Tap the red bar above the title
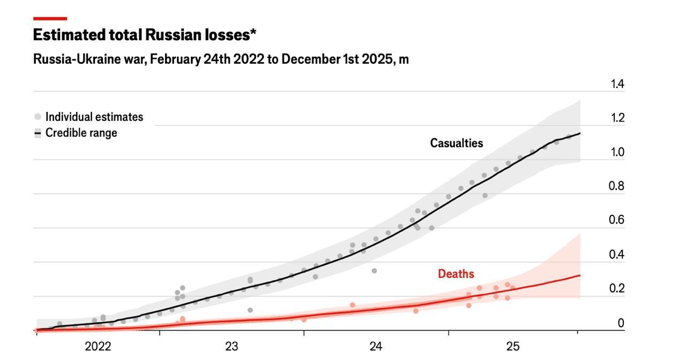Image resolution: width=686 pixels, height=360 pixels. click(50, 19)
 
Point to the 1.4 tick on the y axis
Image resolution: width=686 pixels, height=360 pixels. click(617, 84)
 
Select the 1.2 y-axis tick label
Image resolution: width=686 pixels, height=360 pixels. click(617, 118)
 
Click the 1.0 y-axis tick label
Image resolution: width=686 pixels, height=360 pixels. click(617, 152)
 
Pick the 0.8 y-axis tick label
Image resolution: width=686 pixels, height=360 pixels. click(617, 186)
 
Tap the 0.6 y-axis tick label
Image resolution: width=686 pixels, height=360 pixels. click(617, 220)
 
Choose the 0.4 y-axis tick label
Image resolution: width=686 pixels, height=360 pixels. click(617, 254)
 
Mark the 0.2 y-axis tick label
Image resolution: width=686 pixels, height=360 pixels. click(617, 288)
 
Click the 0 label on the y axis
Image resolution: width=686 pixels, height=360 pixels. click(621, 322)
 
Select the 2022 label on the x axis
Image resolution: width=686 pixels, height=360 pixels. click(98, 347)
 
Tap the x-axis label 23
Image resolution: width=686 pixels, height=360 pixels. click(232, 347)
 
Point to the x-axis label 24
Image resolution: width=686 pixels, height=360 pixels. click(376, 347)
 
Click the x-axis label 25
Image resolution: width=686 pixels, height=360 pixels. click(513, 347)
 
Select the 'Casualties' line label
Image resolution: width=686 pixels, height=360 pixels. click(457, 143)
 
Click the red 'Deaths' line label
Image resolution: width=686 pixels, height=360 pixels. click(456, 274)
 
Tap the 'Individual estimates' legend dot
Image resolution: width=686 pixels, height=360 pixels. click(38, 117)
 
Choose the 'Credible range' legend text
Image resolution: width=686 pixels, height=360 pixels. click(81, 133)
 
